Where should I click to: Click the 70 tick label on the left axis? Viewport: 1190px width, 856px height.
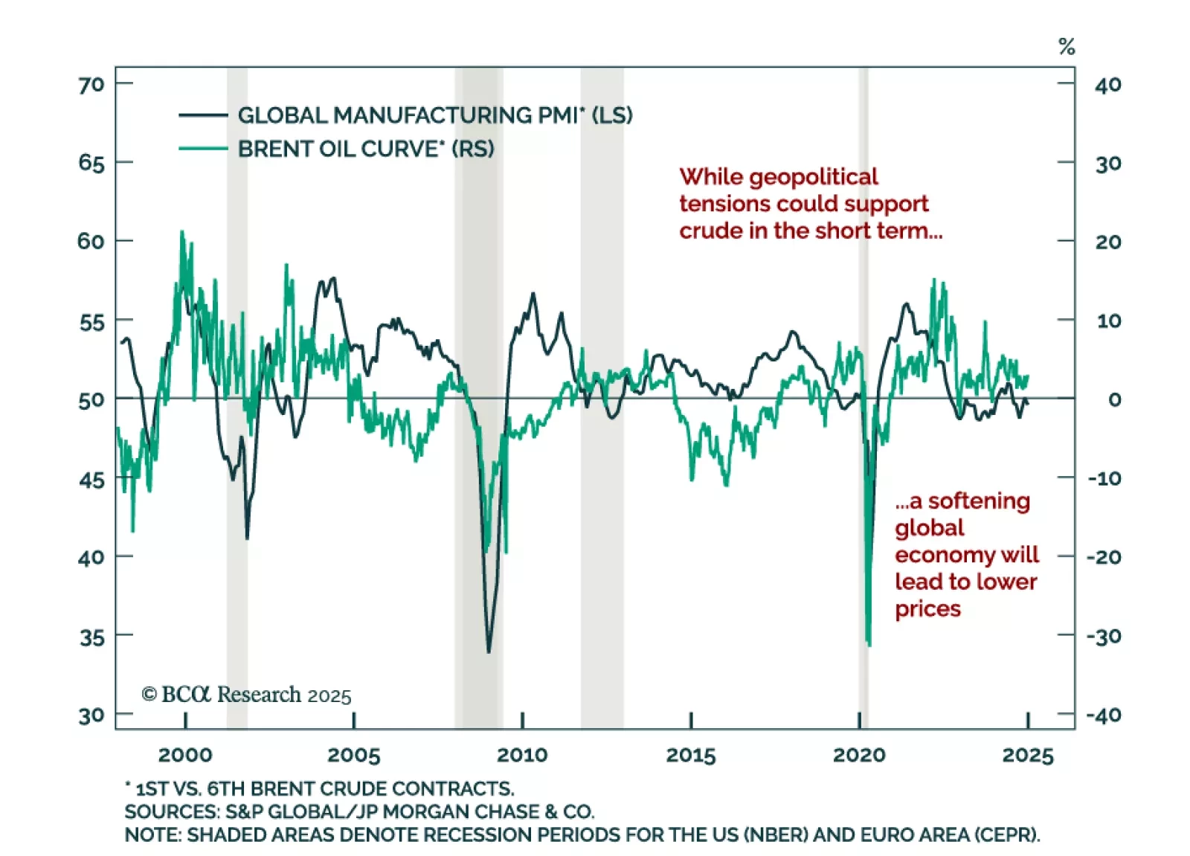pos(91,85)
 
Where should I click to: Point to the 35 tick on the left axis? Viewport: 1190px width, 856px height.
pos(92,637)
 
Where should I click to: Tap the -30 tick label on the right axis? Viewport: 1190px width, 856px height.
pos(1104,637)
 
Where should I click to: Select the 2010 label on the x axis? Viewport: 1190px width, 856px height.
pos(522,756)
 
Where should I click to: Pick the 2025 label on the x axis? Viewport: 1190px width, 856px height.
pos(1028,756)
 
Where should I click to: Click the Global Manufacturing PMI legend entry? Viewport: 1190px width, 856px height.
pos(434,115)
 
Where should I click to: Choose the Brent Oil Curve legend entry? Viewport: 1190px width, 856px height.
pos(365,149)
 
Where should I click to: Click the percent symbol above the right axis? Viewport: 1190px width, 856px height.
pos(1067,47)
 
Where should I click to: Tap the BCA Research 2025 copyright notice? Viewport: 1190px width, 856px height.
pos(246,695)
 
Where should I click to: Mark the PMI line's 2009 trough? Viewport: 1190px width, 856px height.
pos(489,652)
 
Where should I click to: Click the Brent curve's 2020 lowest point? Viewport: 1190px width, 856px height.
pos(869,644)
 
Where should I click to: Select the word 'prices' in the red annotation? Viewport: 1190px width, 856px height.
pos(927,609)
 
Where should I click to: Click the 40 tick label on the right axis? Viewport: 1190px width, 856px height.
pos(1107,85)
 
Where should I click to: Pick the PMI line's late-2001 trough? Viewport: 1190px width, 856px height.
pos(247,538)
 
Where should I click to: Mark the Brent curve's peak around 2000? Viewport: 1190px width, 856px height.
pos(181,232)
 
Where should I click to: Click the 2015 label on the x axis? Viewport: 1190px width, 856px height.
pos(691,756)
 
